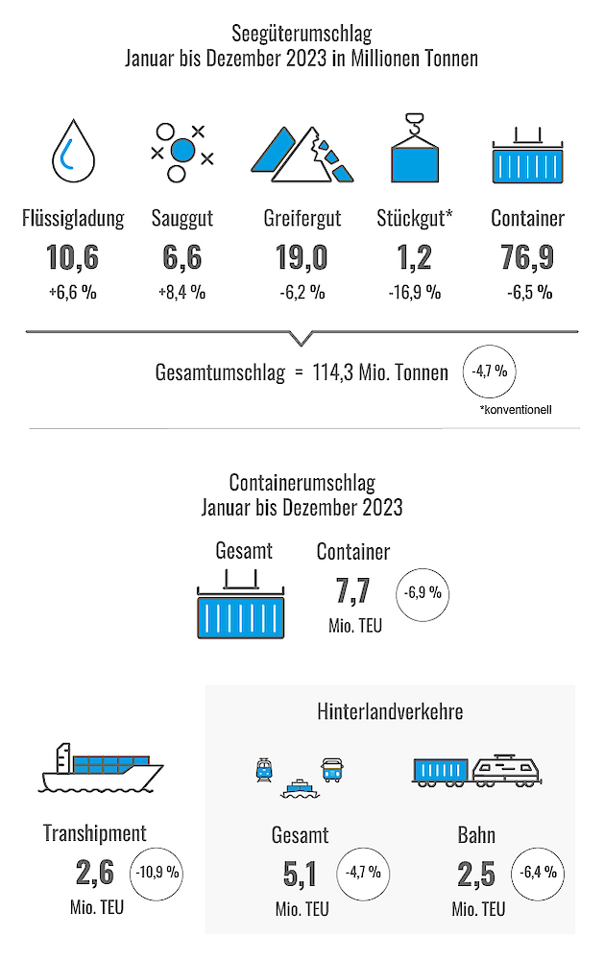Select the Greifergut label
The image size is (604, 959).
tap(302, 219)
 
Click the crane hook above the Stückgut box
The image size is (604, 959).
tap(414, 122)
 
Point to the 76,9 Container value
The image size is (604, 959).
tap(527, 258)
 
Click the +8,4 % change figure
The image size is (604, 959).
tap(181, 293)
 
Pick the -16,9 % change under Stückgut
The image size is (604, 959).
tap(414, 293)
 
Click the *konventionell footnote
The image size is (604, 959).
tap(516, 411)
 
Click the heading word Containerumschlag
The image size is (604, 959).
tap(302, 483)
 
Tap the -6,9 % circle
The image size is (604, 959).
tap(422, 593)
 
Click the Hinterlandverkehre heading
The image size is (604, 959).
tap(390, 712)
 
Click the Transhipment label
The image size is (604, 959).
tap(94, 833)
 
